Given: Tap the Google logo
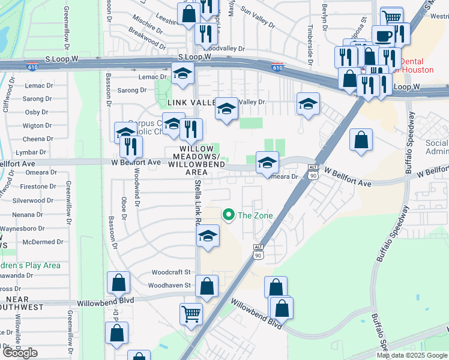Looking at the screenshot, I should (19, 353).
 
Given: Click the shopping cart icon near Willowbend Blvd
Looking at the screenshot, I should (191, 313).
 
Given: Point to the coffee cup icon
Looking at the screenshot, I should (383, 35).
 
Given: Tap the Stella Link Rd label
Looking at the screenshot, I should (197, 204).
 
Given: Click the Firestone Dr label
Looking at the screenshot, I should (38, 187).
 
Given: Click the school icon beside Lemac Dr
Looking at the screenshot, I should (182, 73).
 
